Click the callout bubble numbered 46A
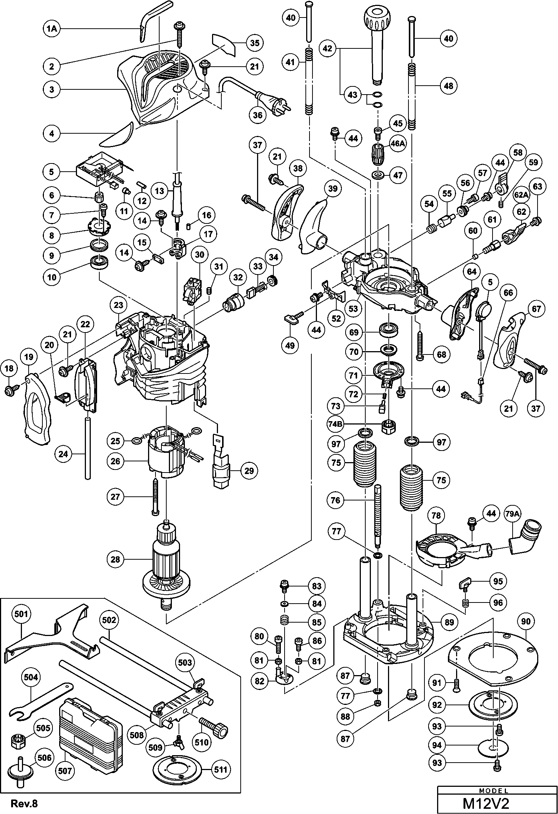click(x=398, y=143)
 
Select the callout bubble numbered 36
click(x=258, y=115)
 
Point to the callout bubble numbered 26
click(x=115, y=461)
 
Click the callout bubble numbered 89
click(x=449, y=621)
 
